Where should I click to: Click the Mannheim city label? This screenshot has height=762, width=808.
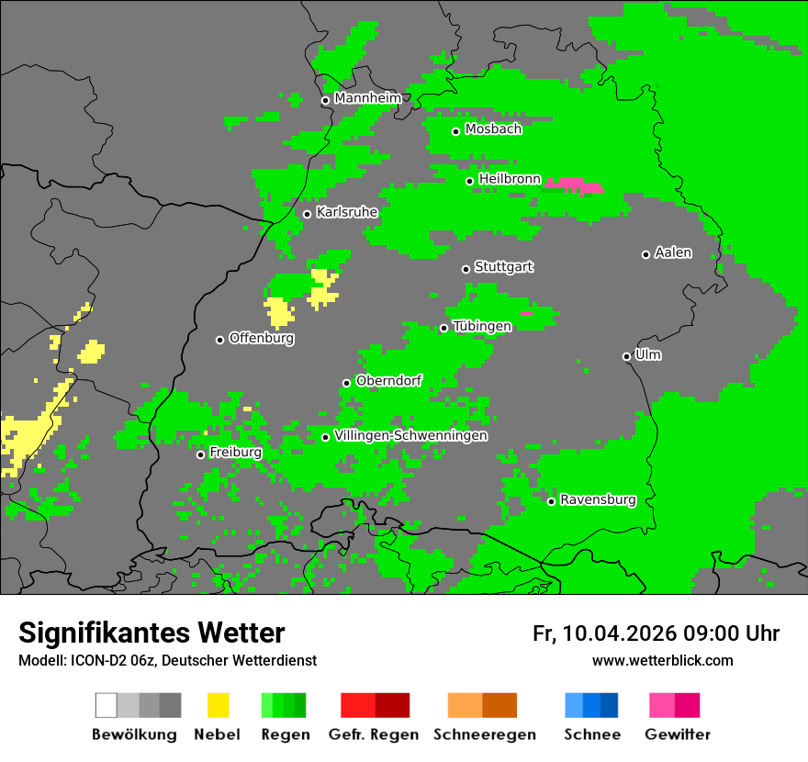tap(367, 98)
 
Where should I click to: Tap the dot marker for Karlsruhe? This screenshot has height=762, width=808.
tap(307, 214)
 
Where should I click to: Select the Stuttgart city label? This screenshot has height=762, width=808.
tap(503, 267)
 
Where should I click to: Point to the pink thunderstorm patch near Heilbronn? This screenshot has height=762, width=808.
tap(574, 185)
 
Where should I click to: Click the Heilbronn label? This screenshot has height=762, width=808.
tap(510, 179)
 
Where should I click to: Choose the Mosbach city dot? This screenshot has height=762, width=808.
tap(455, 131)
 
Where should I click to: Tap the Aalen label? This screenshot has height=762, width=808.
tap(673, 252)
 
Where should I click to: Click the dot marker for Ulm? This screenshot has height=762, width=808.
tap(626, 356)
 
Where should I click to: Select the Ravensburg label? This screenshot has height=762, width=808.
tap(598, 500)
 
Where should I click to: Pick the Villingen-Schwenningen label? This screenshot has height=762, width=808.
tap(410, 435)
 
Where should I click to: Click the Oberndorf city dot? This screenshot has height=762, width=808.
tap(346, 383)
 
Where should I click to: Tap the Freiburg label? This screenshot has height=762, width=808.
tap(235, 453)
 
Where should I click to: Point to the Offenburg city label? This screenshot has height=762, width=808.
tap(261, 338)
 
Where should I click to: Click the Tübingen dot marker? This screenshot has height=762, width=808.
tap(443, 328)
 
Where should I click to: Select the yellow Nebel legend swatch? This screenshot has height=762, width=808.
tap(218, 705)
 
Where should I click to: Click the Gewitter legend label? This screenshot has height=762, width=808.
tap(677, 734)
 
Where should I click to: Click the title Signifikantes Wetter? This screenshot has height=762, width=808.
tap(151, 633)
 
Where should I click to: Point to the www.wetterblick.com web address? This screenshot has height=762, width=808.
tap(662, 660)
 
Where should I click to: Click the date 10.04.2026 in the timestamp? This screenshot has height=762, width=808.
tap(620, 633)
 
